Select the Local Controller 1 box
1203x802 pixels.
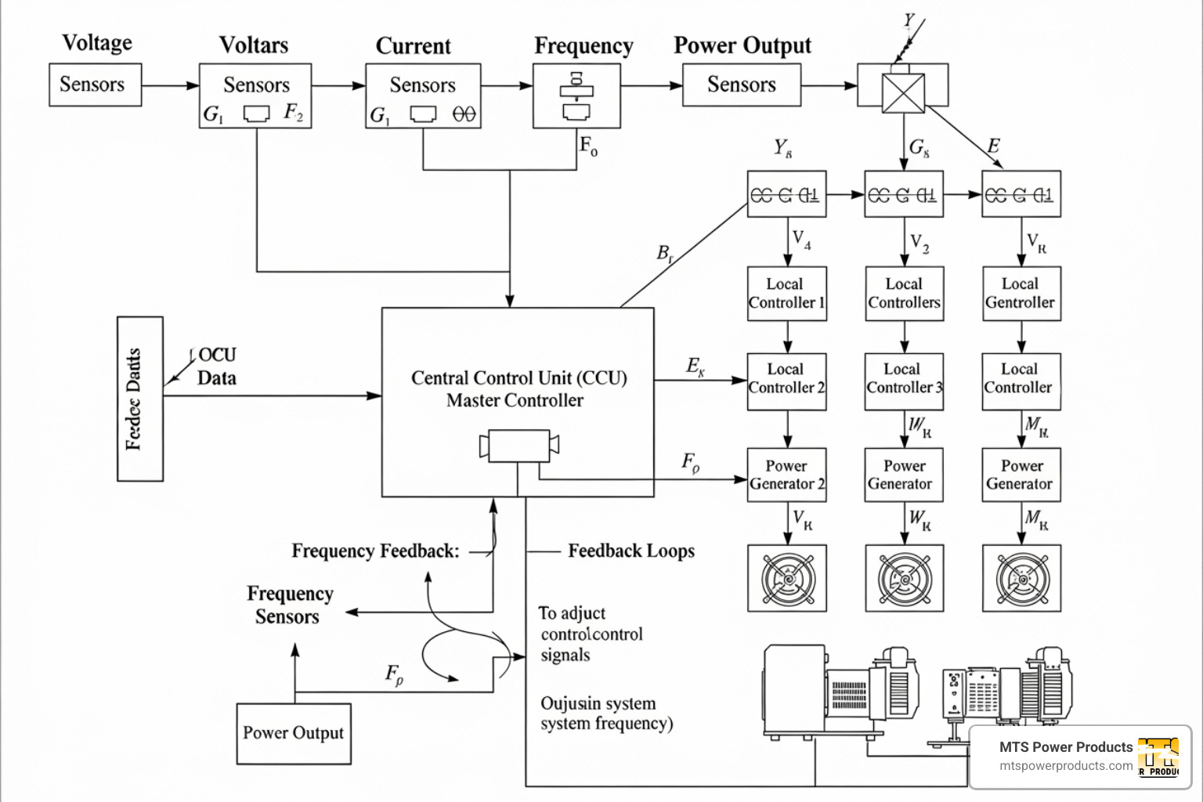pyautogui.click(x=786, y=294)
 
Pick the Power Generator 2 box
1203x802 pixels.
pyautogui.click(x=786, y=475)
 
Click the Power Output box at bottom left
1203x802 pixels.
pyautogui.click(x=294, y=733)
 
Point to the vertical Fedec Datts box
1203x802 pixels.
pyautogui.click(x=140, y=399)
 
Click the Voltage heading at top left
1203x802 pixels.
pyautogui.click(x=97, y=42)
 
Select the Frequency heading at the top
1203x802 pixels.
pyautogui.click(x=583, y=46)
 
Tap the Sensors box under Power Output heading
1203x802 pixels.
pyautogui.click(x=741, y=85)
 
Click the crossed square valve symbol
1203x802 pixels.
pyautogui.click(x=903, y=94)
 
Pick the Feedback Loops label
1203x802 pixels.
pyautogui.click(x=630, y=551)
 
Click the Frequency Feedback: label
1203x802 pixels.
pyautogui.click(x=375, y=551)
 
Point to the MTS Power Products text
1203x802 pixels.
pyautogui.click(x=1065, y=747)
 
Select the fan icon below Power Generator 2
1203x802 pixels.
pyautogui.click(x=786, y=579)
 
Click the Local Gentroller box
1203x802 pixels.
pyautogui.click(x=1021, y=294)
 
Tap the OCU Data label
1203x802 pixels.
pyautogui.click(x=216, y=367)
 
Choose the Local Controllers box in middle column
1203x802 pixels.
pyautogui.click(x=904, y=294)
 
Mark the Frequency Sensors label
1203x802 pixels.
pyautogui.click(x=289, y=605)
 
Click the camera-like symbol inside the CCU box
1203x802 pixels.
pyautogui.click(x=518, y=446)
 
